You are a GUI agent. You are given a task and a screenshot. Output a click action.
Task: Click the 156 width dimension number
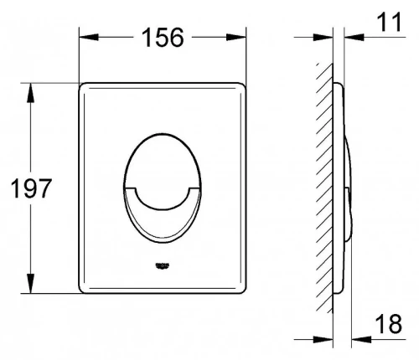[x=163, y=37]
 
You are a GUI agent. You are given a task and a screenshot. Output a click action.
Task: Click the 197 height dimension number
[x=31, y=188]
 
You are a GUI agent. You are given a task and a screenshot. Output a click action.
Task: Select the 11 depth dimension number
[x=389, y=22]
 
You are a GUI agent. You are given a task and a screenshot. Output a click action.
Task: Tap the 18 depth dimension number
[x=388, y=324]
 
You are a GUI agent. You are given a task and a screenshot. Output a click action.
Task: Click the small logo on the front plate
[x=163, y=265]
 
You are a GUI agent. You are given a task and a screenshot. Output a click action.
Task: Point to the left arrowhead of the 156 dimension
[x=89, y=37]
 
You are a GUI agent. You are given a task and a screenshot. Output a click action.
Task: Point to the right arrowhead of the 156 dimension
[x=236, y=37]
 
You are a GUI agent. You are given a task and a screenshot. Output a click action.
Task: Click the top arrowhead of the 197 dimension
[x=30, y=93]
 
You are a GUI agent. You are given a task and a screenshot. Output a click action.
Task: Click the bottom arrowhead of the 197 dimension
[x=30, y=283]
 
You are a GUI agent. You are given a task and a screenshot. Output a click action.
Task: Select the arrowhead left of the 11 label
[x=354, y=37]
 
